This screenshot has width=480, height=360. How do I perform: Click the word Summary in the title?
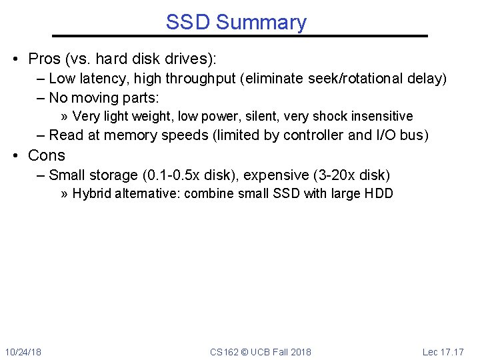pos(261,23)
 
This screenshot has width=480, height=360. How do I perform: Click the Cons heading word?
pos(47,155)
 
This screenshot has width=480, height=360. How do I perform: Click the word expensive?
pos(275,175)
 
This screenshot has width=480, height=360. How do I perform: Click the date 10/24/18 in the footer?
pos(23,351)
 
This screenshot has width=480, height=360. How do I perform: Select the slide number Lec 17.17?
pos(443,351)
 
